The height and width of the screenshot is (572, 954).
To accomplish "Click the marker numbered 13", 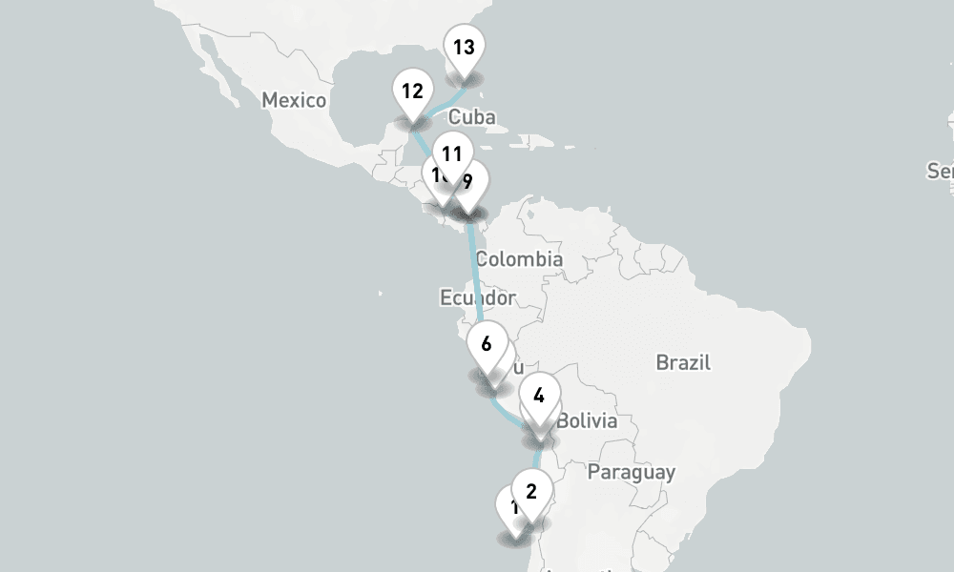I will [464, 48].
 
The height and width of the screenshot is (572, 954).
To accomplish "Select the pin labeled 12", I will [412, 92].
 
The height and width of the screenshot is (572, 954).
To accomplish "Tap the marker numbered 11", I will [451, 153].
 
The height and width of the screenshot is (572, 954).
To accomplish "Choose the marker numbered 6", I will [487, 344].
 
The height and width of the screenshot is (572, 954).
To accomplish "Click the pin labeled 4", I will [539, 396].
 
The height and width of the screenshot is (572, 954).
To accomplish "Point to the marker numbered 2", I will [532, 492].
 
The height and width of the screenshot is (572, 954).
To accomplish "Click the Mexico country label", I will [294, 100].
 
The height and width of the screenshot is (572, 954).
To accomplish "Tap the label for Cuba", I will [471, 117].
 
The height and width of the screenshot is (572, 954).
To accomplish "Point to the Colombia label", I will [519, 259].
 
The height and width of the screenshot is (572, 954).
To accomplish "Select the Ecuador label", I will [477, 297].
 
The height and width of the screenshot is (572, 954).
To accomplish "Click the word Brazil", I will [683, 362].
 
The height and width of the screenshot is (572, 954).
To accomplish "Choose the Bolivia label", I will [587, 421].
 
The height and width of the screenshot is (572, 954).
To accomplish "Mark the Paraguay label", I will [631, 472].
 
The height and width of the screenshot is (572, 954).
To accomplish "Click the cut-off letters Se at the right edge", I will [940, 171].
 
